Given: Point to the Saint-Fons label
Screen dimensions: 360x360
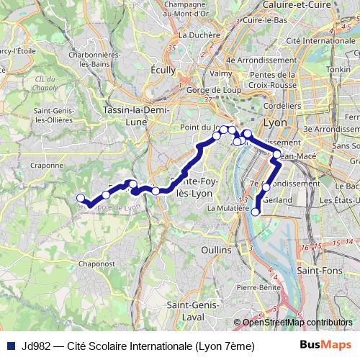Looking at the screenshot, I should (318, 271).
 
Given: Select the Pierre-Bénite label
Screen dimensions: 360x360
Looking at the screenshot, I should (258, 287).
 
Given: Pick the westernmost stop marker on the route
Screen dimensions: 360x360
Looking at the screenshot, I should (80, 199).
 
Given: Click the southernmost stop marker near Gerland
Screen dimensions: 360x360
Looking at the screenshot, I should (256, 211).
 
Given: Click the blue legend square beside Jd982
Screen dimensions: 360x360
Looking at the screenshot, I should (9, 346).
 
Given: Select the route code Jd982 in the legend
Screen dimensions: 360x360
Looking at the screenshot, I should (35, 346).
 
